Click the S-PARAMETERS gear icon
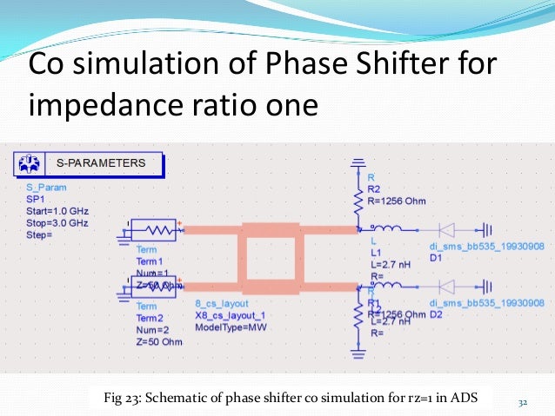pos(30,162)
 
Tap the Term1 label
pos(125,261)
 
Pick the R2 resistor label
pos(374,188)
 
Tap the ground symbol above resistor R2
pos(358,162)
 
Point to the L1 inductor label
pos(376,250)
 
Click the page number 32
pos(523,402)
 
